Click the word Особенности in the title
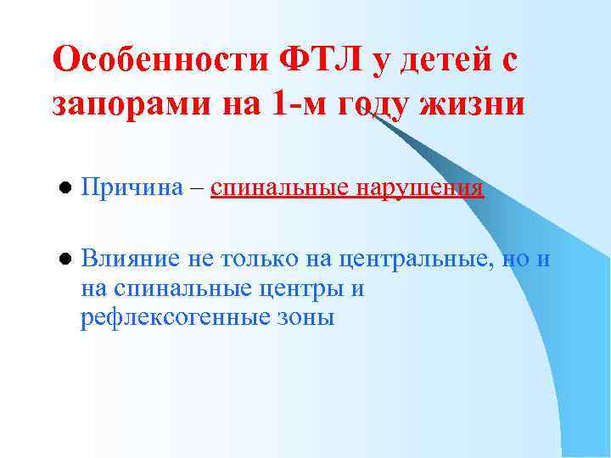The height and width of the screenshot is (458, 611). click(x=160, y=61)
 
